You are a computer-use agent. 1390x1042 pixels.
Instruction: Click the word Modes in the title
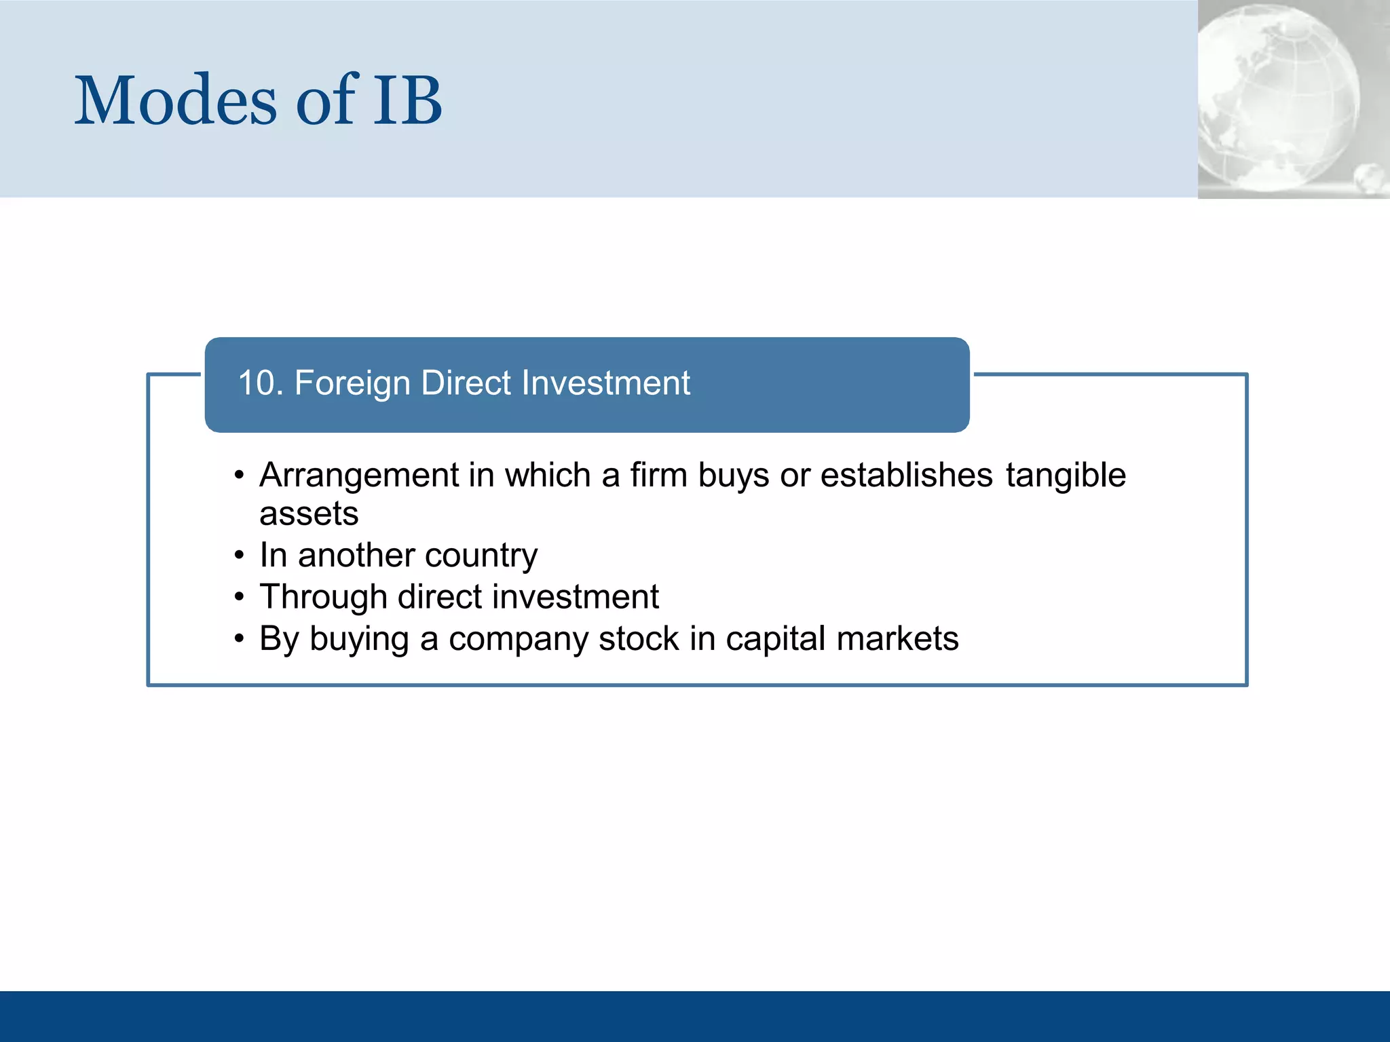coord(175,102)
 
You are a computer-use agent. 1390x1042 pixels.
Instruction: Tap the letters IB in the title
coord(407,102)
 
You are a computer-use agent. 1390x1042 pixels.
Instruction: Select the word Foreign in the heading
coord(352,383)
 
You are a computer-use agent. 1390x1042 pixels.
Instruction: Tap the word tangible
coord(1065,476)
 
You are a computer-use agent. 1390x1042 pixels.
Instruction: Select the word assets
coord(309,514)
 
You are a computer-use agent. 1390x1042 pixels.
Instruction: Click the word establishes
coord(906,476)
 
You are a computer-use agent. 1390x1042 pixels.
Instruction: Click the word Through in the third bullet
coord(323,598)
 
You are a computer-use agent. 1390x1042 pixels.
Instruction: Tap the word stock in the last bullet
coord(638,639)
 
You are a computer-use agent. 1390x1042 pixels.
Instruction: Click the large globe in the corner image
coord(1276,95)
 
